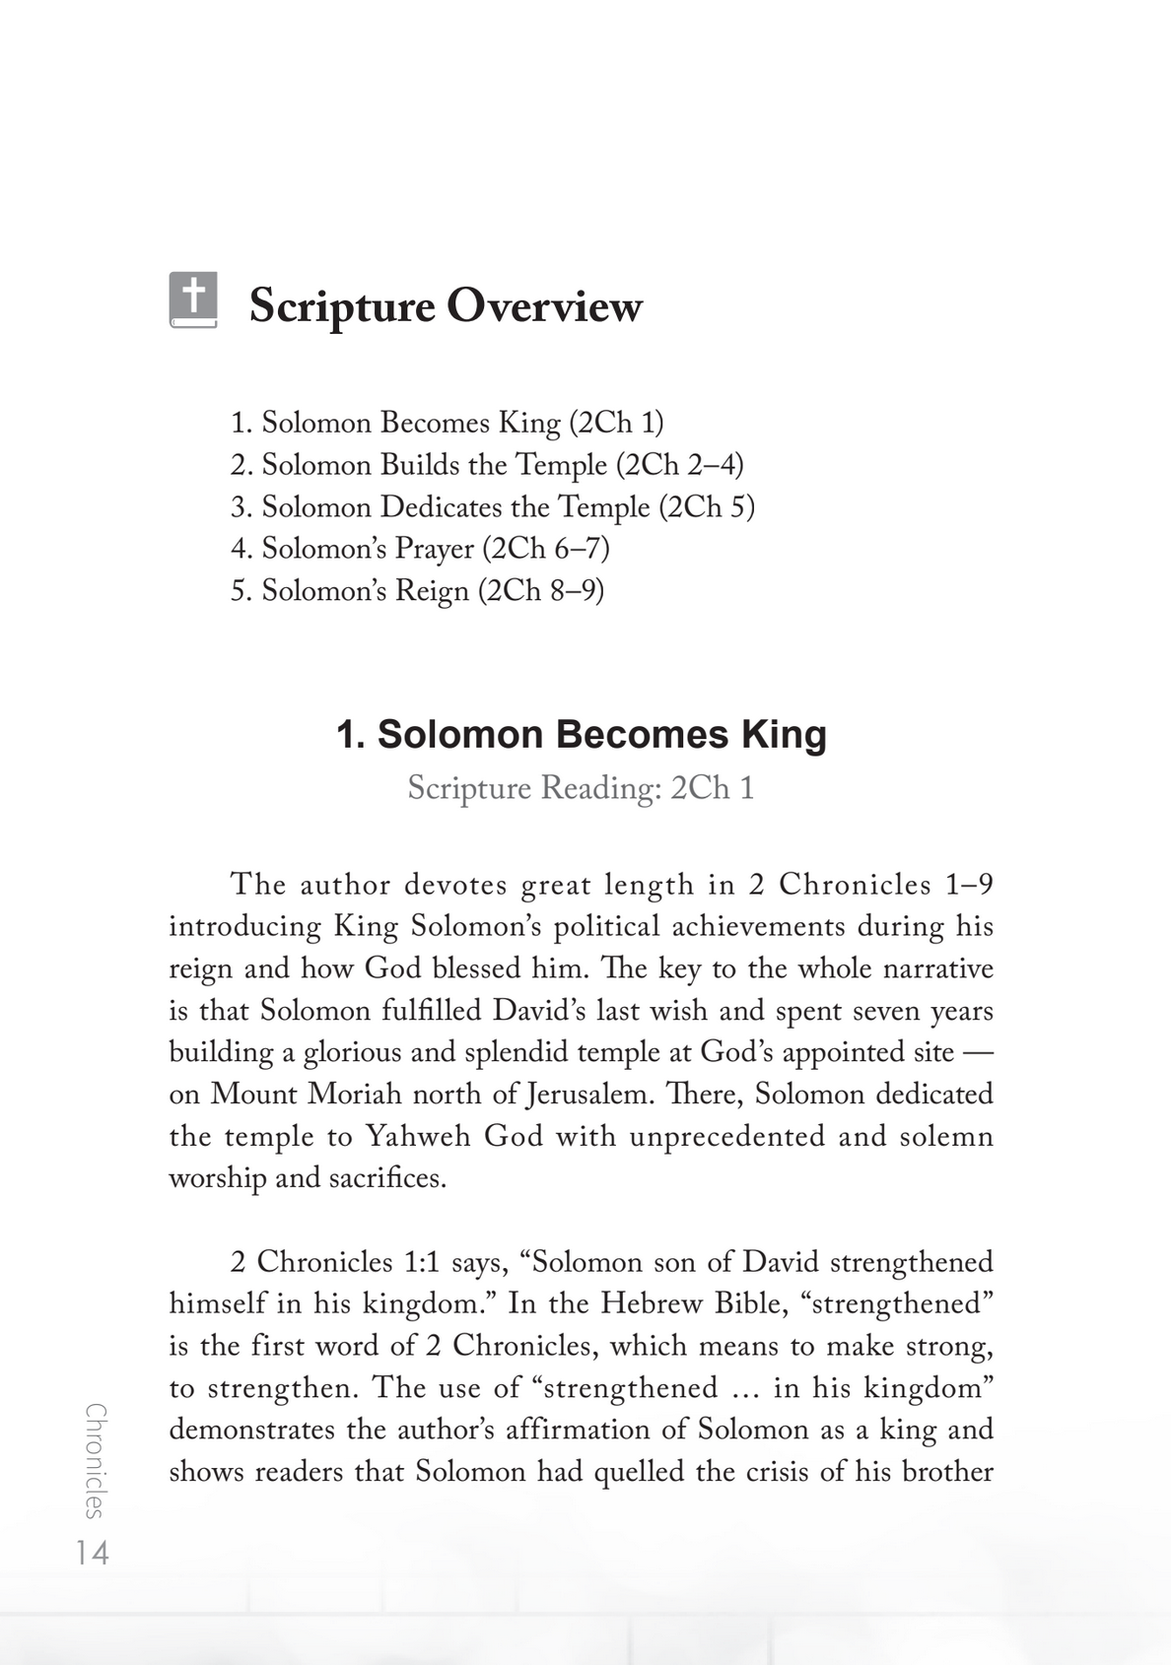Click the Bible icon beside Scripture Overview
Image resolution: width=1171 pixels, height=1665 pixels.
[x=192, y=300]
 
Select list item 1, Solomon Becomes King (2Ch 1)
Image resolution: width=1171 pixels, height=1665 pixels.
[x=447, y=423]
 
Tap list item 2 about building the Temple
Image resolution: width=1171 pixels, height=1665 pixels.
[x=487, y=464]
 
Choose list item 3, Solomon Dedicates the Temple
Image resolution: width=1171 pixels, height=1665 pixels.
[x=492, y=506]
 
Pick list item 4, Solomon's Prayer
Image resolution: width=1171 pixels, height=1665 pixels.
[x=420, y=548]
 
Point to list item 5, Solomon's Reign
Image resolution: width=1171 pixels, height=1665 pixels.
[x=417, y=590]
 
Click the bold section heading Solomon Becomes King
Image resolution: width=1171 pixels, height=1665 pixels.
[x=582, y=735]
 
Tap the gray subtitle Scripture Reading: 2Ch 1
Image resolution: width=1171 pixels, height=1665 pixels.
[x=581, y=788]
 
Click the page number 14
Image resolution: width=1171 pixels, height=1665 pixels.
[x=93, y=1554]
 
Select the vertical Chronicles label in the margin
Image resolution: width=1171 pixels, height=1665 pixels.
[x=96, y=1460]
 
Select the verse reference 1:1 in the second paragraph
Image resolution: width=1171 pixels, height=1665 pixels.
[x=421, y=1262]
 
